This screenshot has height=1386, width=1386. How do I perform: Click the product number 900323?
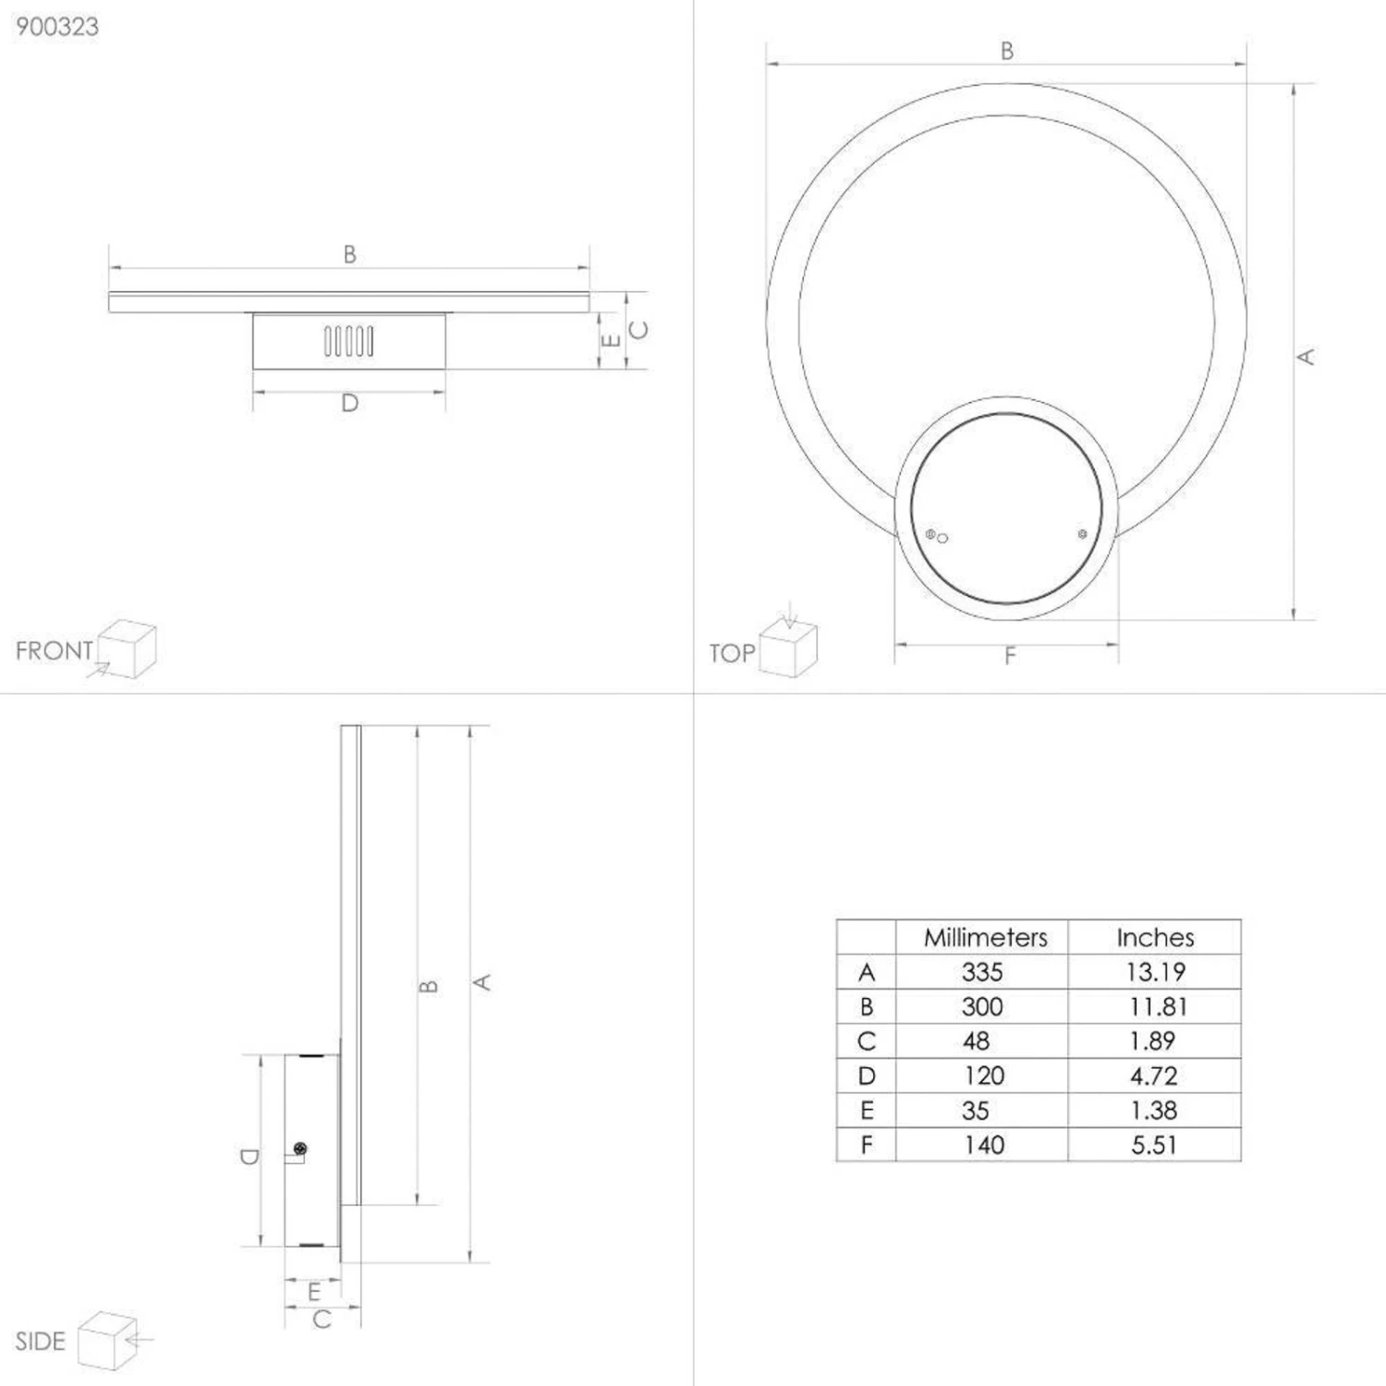click(x=57, y=27)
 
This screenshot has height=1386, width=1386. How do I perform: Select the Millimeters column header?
click(x=985, y=938)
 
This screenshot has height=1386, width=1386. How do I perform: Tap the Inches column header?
click(x=1155, y=938)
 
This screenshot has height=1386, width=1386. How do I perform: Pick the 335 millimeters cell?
click(x=981, y=972)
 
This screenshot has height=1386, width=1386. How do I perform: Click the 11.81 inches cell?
click(x=1157, y=1007)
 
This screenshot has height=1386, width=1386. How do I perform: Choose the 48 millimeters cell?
click(x=976, y=1041)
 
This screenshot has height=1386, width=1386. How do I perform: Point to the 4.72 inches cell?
click(x=1153, y=1076)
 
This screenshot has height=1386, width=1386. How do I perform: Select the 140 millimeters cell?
click(x=983, y=1146)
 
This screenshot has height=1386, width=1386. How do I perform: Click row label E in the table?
click(x=866, y=1111)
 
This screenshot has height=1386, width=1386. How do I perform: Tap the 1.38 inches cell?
click(x=1153, y=1111)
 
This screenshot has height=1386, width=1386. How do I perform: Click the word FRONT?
click(x=54, y=651)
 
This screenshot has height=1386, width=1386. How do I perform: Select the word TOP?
click(x=732, y=654)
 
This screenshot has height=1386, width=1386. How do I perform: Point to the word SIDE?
click(x=40, y=1342)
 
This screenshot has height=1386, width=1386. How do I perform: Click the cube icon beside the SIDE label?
click(x=107, y=1340)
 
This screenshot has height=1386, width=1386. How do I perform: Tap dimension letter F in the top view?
click(x=1010, y=656)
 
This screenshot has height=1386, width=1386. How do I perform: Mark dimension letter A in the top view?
click(x=1307, y=356)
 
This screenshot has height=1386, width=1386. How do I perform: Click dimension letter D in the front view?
click(x=349, y=404)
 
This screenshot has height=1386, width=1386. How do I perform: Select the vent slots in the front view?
click(x=349, y=341)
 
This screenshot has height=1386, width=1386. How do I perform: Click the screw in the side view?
click(x=299, y=1149)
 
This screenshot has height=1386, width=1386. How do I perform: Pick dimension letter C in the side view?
click(x=322, y=1319)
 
